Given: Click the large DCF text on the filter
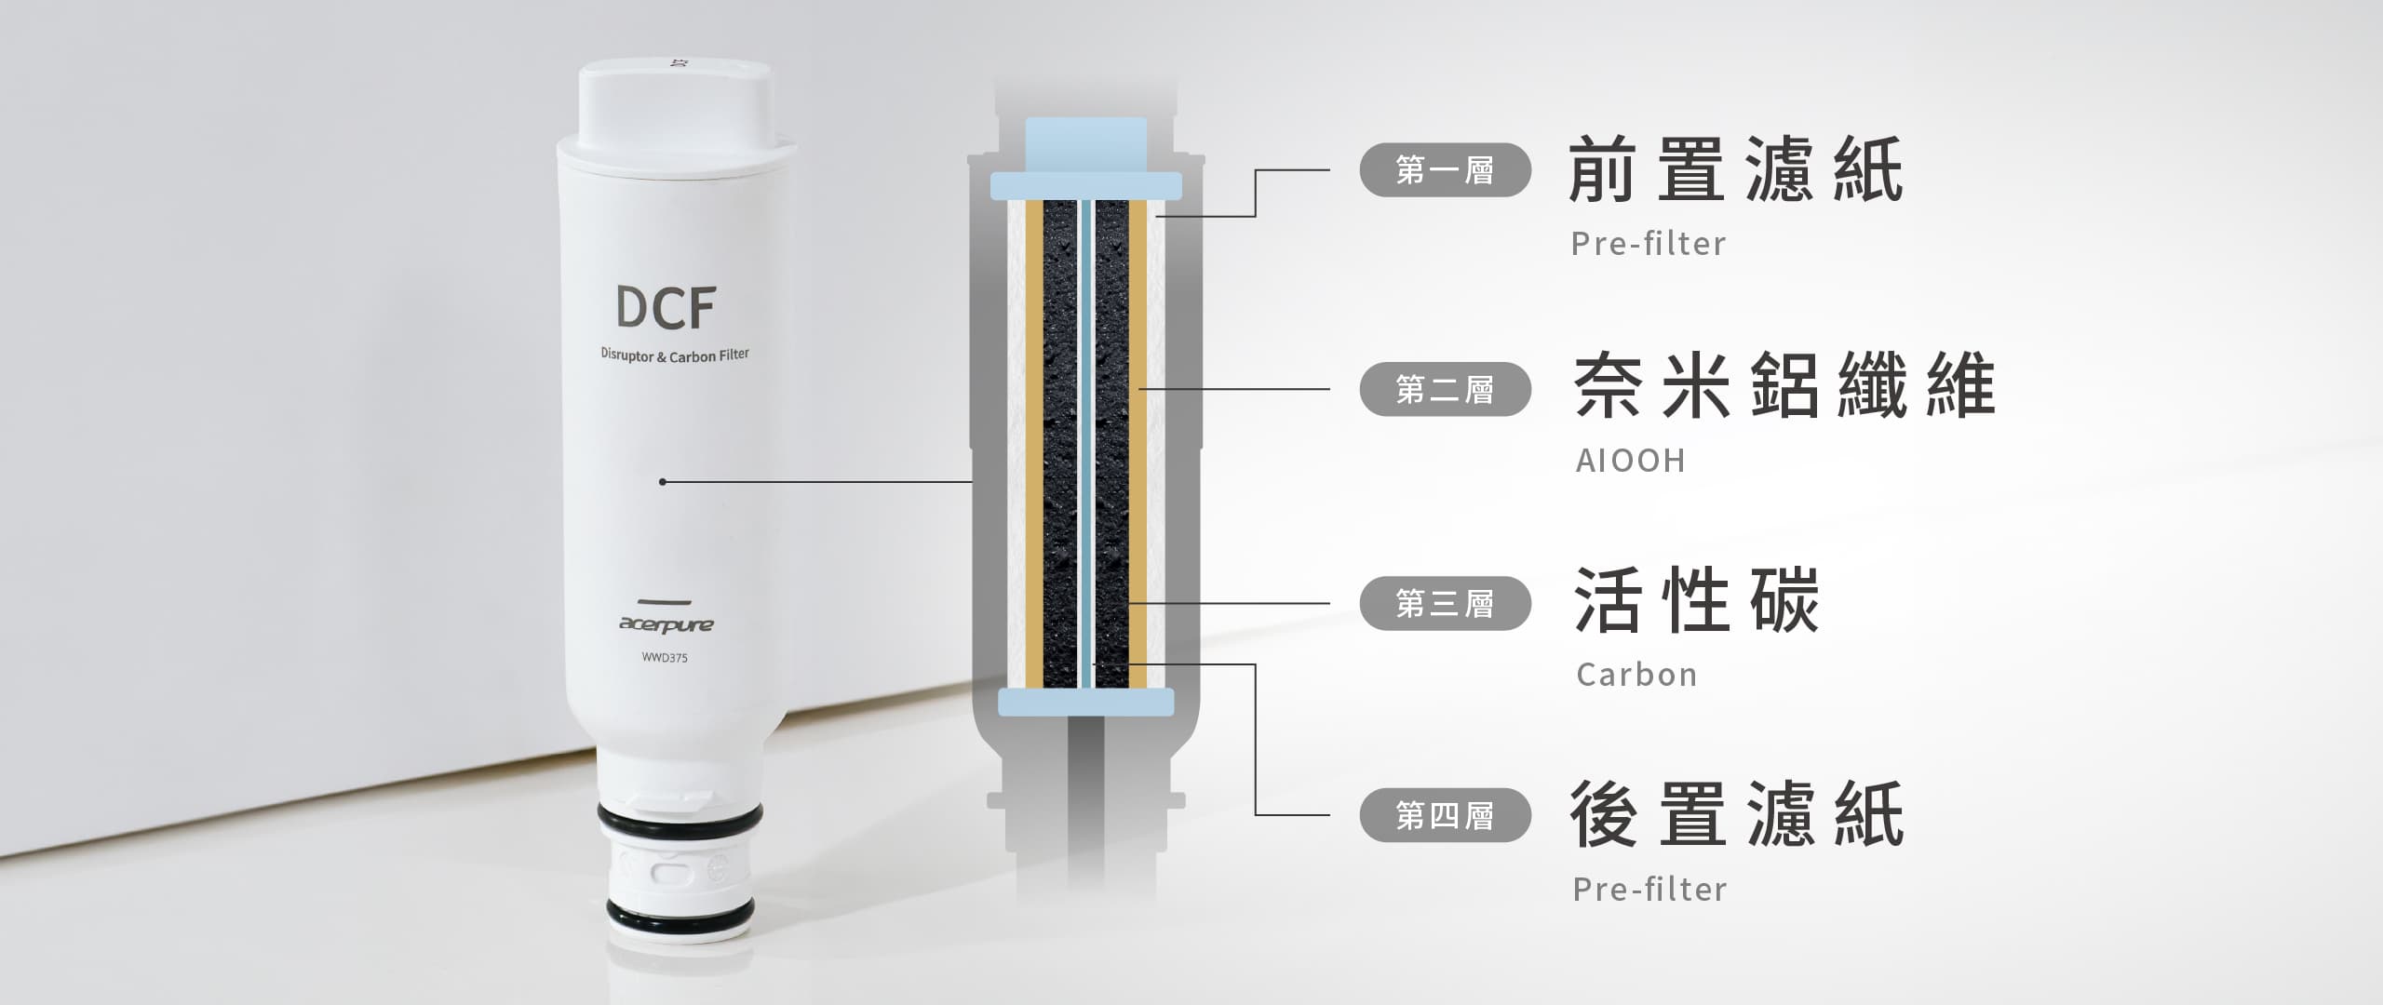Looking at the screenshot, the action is click(665, 308).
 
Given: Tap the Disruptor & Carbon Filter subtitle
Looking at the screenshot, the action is click(675, 355).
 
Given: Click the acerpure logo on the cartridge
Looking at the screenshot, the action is click(666, 623).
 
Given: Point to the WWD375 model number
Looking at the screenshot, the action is click(665, 658).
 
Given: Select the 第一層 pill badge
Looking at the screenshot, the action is click(1445, 170).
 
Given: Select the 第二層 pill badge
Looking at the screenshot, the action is click(1445, 389).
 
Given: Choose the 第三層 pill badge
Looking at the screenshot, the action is click(1445, 604).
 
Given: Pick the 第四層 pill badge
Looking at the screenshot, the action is click(1445, 815).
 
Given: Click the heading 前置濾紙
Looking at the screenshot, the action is click(1736, 169).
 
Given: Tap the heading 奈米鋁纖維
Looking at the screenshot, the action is click(1784, 385).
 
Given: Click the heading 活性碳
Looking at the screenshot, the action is click(1696, 600).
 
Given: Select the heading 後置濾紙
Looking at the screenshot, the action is click(1736, 814).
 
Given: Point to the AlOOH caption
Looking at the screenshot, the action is click(1630, 461).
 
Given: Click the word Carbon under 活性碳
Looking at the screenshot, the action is click(1636, 675).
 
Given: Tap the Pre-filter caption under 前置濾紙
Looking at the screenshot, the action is click(1649, 244).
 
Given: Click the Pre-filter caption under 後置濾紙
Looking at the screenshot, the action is click(1649, 890).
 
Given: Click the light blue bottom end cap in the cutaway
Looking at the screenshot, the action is click(1085, 702).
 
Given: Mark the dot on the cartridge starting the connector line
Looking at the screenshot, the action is click(662, 482).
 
